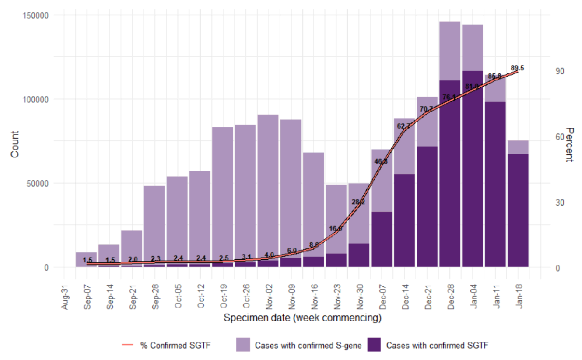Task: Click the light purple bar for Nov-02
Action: [x=268, y=187]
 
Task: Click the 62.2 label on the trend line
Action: [x=403, y=126]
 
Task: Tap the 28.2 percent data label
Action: [x=358, y=202]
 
